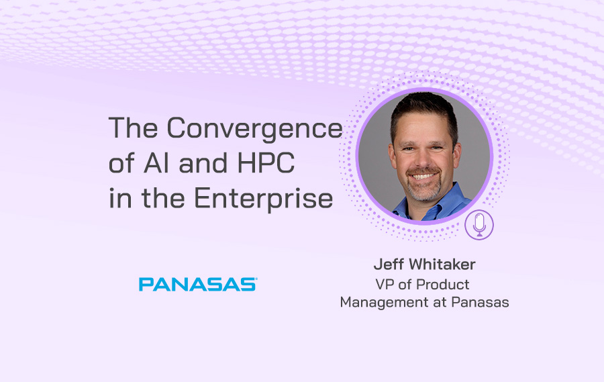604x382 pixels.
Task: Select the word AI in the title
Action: tap(156, 162)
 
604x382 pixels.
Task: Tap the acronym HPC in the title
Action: tap(266, 162)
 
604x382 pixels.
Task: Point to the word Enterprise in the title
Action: tap(264, 198)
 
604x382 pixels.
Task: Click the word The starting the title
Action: tap(134, 128)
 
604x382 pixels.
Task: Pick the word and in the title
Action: tap(203, 162)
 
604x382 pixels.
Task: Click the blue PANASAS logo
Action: tap(198, 285)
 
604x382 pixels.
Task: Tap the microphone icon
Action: tap(479, 225)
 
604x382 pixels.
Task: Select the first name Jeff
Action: tap(389, 265)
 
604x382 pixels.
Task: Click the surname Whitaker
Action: tap(442, 265)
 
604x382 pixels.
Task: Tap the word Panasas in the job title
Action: tap(480, 302)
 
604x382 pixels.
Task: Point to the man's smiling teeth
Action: tap(423, 177)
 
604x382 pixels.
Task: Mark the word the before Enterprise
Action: tap(163, 198)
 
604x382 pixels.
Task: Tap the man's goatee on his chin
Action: tap(424, 191)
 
